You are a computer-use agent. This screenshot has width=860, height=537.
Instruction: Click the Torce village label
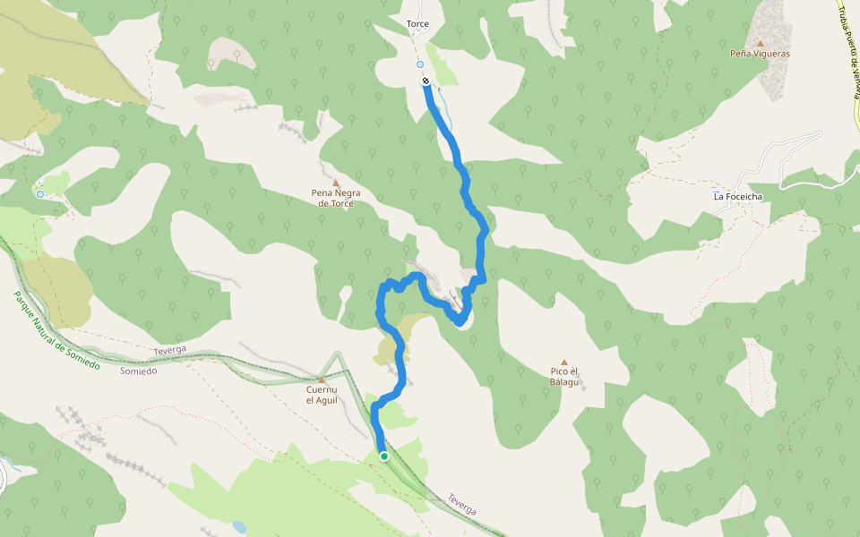coord(417,24)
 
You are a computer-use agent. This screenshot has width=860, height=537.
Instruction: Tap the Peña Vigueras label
coord(760,54)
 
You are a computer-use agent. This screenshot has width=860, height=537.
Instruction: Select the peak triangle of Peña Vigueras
coord(760,42)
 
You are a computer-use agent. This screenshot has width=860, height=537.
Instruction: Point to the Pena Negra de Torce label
coord(332,198)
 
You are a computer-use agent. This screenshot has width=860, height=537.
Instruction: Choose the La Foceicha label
coord(737,196)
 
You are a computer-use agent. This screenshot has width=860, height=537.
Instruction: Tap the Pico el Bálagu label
coord(565,376)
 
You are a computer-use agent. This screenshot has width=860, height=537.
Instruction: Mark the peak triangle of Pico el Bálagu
coord(564,362)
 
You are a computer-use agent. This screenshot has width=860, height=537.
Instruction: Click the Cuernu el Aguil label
coord(322,395)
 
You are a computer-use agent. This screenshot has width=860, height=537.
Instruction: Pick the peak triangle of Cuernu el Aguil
coord(321,379)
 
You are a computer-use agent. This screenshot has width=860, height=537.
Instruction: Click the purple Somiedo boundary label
coord(139,371)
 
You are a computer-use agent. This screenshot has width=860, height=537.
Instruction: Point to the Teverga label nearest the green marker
coord(461,504)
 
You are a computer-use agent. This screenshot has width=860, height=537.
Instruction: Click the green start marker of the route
coord(384,456)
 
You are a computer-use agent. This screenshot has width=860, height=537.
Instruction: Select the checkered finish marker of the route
coord(426,81)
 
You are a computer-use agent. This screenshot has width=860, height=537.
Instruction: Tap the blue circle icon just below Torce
coord(419,64)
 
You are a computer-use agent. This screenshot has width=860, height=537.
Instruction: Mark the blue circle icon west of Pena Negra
coord(40,193)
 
